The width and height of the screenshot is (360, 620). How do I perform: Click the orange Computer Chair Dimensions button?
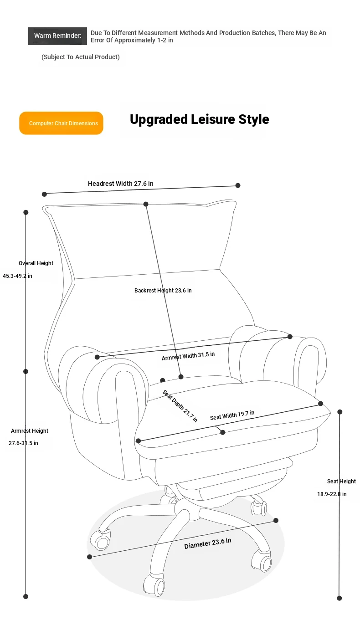click(61, 123)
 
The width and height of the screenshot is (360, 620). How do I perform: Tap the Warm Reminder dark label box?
click(57, 36)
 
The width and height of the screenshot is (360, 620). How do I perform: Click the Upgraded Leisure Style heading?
click(200, 119)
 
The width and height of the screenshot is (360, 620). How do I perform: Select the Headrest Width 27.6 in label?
click(120, 184)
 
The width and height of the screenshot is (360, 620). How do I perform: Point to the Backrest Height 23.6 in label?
click(163, 290)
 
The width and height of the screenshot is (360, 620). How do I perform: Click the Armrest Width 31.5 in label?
click(188, 356)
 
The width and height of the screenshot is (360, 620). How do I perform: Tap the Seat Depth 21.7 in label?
click(180, 406)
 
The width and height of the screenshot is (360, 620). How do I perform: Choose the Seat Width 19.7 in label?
click(232, 415)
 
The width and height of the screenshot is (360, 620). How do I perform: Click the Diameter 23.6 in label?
click(208, 543)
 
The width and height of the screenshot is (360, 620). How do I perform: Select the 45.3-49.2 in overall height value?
click(17, 276)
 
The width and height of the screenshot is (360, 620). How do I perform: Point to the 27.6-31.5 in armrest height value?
click(23, 443)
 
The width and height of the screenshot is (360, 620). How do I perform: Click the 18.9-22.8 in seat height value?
click(332, 494)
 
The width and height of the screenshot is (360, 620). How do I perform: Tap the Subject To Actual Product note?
click(81, 57)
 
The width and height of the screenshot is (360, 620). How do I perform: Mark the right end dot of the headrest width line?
click(237, 185)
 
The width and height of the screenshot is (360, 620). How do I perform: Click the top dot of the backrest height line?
click(146, 204)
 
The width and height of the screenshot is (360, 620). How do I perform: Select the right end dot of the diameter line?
click(276, 520)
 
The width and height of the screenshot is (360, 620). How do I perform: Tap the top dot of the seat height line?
click(340, 412)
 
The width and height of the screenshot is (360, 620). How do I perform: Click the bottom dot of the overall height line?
click(26, 596)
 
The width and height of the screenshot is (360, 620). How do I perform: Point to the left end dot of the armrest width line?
click(97, 357)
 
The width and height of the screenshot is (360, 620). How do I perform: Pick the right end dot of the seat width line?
click(321, 404)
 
